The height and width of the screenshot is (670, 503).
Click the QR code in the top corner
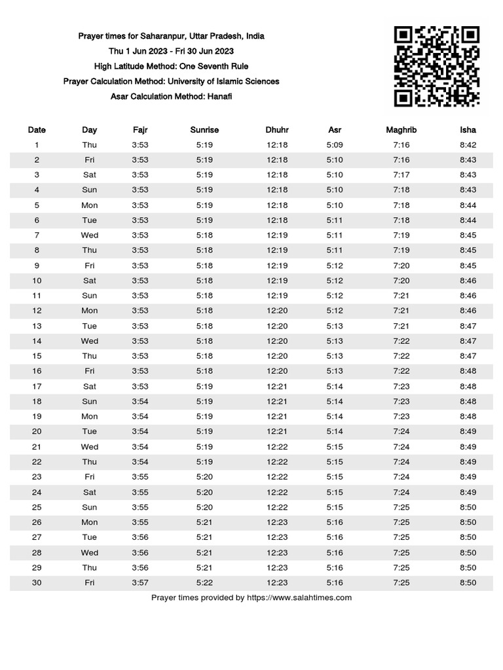click(x=436, y=66)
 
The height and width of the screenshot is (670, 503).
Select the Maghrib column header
click(x=401, y=130)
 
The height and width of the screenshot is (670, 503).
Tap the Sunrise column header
click(x=204, y=130)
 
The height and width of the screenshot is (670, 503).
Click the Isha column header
click(x=468, y=130)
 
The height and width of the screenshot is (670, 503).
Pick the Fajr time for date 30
click(x=140, y=582)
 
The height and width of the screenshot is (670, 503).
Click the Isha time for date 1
click(x=468, y=145)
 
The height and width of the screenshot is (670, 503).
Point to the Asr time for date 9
click(x=335, y=266)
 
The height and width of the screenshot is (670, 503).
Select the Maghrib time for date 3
click(x=401, y=175)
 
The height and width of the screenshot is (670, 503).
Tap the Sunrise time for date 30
click(x=204, y=582)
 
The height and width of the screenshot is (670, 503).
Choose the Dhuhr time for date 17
click(x=277, y=386)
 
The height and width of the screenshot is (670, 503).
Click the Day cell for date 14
click(x=90, y=341)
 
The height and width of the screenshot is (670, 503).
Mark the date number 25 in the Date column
click(x=37, y=507)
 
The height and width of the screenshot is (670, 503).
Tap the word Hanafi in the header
click(x=218, y=96)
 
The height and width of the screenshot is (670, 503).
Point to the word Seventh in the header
click(x=210, y=66)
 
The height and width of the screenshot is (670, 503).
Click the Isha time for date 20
click(x=468, y=431)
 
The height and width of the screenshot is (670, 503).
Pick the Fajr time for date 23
click(x=140, y=477)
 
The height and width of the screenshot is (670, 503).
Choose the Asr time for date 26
click(x=335, y=522)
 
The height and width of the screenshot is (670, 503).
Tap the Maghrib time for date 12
click(x=401, y=311)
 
